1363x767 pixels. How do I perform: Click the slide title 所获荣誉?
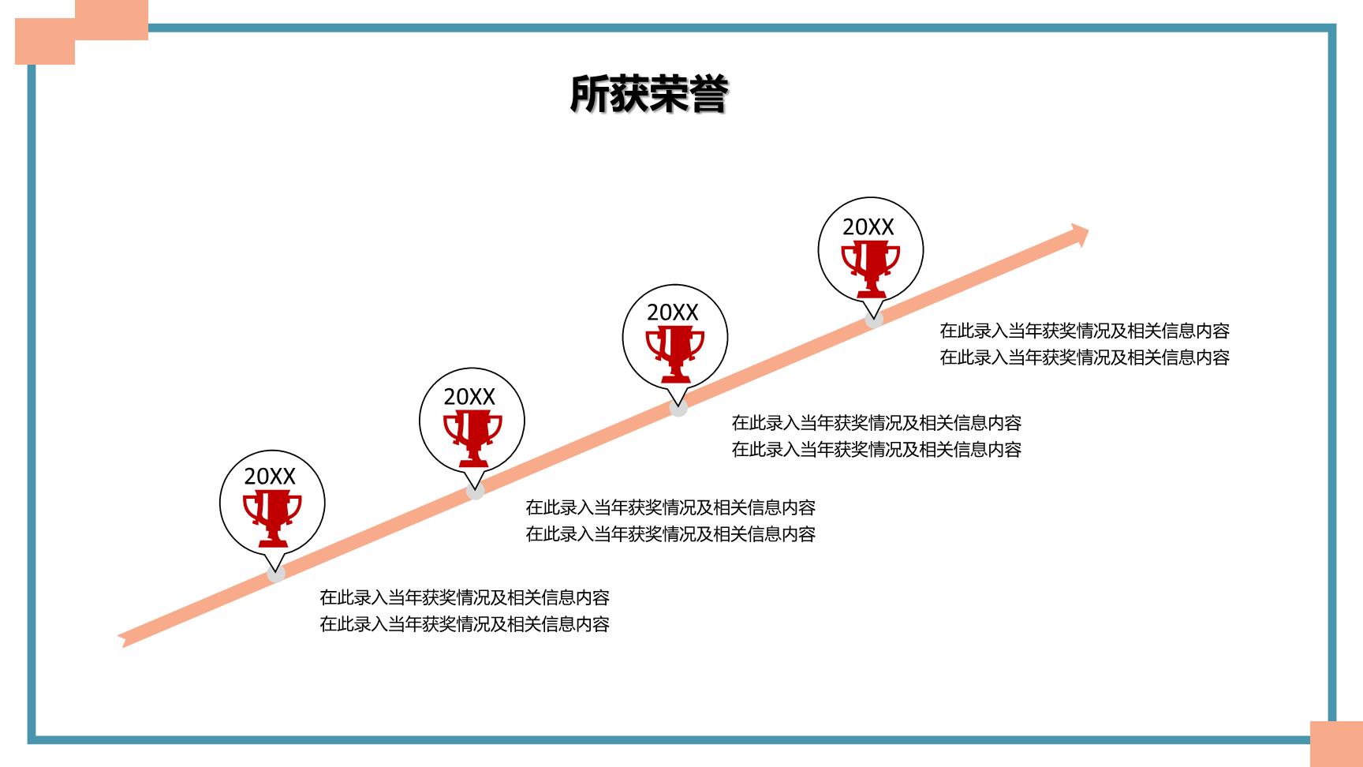point(648,95)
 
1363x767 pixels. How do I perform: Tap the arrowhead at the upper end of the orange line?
point(1079,234)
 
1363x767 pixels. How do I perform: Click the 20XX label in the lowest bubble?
point(270,476)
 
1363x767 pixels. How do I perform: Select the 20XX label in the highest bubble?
point(868,227)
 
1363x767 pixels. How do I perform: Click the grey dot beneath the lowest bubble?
point(276,574)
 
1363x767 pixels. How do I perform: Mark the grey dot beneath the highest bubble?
point(874,319)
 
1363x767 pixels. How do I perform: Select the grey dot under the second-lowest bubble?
point(475,490)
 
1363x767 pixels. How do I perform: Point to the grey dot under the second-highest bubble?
point(678,407)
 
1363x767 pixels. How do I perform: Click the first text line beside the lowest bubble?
point(465,597)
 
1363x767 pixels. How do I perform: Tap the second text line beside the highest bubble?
point(1085,357)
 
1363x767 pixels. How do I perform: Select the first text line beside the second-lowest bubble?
point(670,507)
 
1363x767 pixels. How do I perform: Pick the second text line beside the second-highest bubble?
point(876,450)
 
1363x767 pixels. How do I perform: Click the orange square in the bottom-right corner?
point(1336,744)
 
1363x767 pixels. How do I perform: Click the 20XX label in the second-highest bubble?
point(673,312)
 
